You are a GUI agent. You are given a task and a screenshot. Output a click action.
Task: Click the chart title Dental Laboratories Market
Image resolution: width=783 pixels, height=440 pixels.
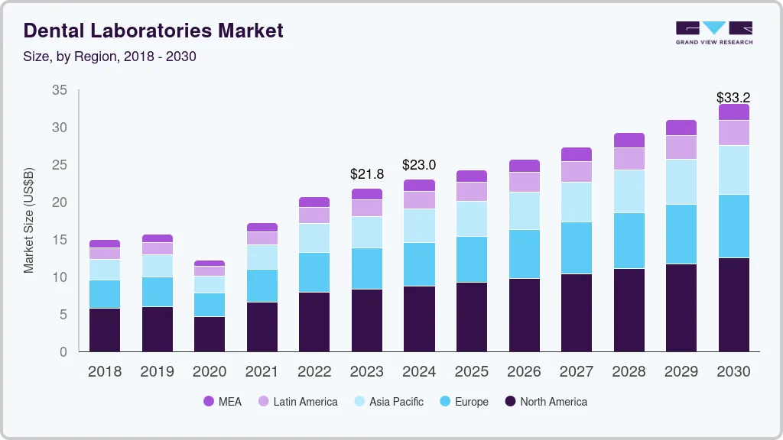[x=153, y=31]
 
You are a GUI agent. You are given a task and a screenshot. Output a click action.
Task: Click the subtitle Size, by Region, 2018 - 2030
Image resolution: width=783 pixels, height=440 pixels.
[x=109, y=57]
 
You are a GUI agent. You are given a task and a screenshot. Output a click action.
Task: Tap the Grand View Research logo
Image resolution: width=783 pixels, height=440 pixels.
[x=713, y=33]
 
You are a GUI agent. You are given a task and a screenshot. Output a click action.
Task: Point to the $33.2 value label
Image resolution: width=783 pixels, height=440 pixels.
[x=733, y=98]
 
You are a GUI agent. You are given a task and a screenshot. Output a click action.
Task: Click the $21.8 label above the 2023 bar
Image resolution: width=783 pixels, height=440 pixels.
[x=367, y=174]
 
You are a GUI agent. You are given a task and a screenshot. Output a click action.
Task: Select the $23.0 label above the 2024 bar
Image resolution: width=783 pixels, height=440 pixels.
[x=419, y=165]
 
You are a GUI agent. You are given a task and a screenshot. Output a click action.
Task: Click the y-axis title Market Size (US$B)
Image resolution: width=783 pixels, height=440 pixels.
[x=29, y=219]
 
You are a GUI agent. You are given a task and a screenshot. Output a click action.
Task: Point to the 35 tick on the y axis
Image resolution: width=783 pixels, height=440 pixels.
[x=59, y=90]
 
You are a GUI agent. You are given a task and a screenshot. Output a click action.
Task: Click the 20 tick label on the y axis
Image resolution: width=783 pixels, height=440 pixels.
[x=59, y=202]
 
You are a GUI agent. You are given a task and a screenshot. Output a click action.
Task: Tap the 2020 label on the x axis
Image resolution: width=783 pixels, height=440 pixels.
[x=210, y=372]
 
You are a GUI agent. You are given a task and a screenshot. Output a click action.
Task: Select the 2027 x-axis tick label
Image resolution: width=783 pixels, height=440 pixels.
[x=576, y=372]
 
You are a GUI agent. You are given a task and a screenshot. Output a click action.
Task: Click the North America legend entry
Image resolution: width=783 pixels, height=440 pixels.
[x=545, y=401]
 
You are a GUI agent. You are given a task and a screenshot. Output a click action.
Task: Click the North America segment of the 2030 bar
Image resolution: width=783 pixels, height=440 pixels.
[x=733, y=305]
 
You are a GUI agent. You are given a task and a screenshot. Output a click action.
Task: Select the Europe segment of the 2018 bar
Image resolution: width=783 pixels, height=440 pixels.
[x=105, y=294]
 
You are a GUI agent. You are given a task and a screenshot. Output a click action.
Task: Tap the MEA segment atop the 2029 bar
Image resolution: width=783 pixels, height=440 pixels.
[x=681, y=128]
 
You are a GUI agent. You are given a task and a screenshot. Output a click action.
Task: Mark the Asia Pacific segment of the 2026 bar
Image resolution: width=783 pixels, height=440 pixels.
[x=524, y=211]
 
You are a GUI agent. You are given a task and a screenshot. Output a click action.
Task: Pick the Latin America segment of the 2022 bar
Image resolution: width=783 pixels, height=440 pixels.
[x=314, y=215]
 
